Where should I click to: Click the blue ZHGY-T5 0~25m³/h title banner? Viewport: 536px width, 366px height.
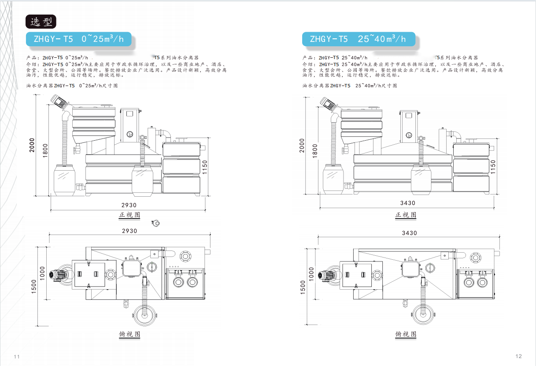click(x=79, y=39)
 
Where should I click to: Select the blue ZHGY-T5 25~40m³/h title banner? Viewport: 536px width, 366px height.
click(x=358, y=39)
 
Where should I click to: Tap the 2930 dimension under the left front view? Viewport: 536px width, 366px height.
click(x=129, y=205)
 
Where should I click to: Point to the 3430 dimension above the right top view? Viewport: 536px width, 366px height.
click(x=409, y=232)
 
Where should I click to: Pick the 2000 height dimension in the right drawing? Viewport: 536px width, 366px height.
click(x=302, y=145)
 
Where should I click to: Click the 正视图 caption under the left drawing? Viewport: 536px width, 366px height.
click(x=129, y=215)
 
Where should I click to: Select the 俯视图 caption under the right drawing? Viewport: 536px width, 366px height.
click(x=406, y=334)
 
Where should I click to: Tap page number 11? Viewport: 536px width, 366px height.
click(x=17, y=356)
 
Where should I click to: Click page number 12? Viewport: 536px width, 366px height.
click(x=518, y=356)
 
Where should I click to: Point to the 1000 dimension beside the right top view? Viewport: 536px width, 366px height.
click(x=311, y=274)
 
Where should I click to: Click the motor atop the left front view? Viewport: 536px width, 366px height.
click(x=59, y=101)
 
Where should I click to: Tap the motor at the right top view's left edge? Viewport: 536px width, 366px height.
click(x=328, y=275)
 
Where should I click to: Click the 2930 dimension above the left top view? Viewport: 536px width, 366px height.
click(x=129, y=231)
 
